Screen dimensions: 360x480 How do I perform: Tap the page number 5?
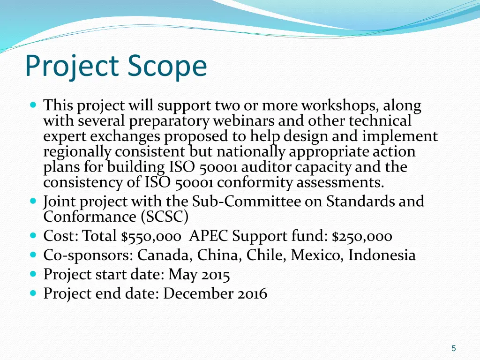tap(453, 348)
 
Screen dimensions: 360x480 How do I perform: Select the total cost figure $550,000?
tap(150, 236)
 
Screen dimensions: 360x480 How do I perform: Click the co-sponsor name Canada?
tap(165, 255)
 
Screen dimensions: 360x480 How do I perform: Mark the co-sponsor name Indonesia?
tap(382, 255)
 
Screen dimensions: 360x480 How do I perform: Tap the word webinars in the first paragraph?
tap(244, 121)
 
